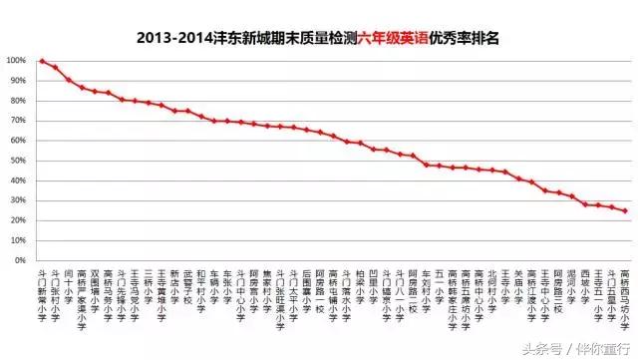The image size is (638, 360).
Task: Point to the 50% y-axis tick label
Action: point(17,161)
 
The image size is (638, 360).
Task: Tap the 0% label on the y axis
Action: point(19,261)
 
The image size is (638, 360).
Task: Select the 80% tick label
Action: point(17,100)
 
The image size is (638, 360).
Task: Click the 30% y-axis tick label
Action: point(17,200)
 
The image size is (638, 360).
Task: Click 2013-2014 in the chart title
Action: point(170,37)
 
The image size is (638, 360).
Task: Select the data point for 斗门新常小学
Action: point(42,61)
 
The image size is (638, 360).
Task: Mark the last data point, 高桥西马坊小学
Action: point(625,210)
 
